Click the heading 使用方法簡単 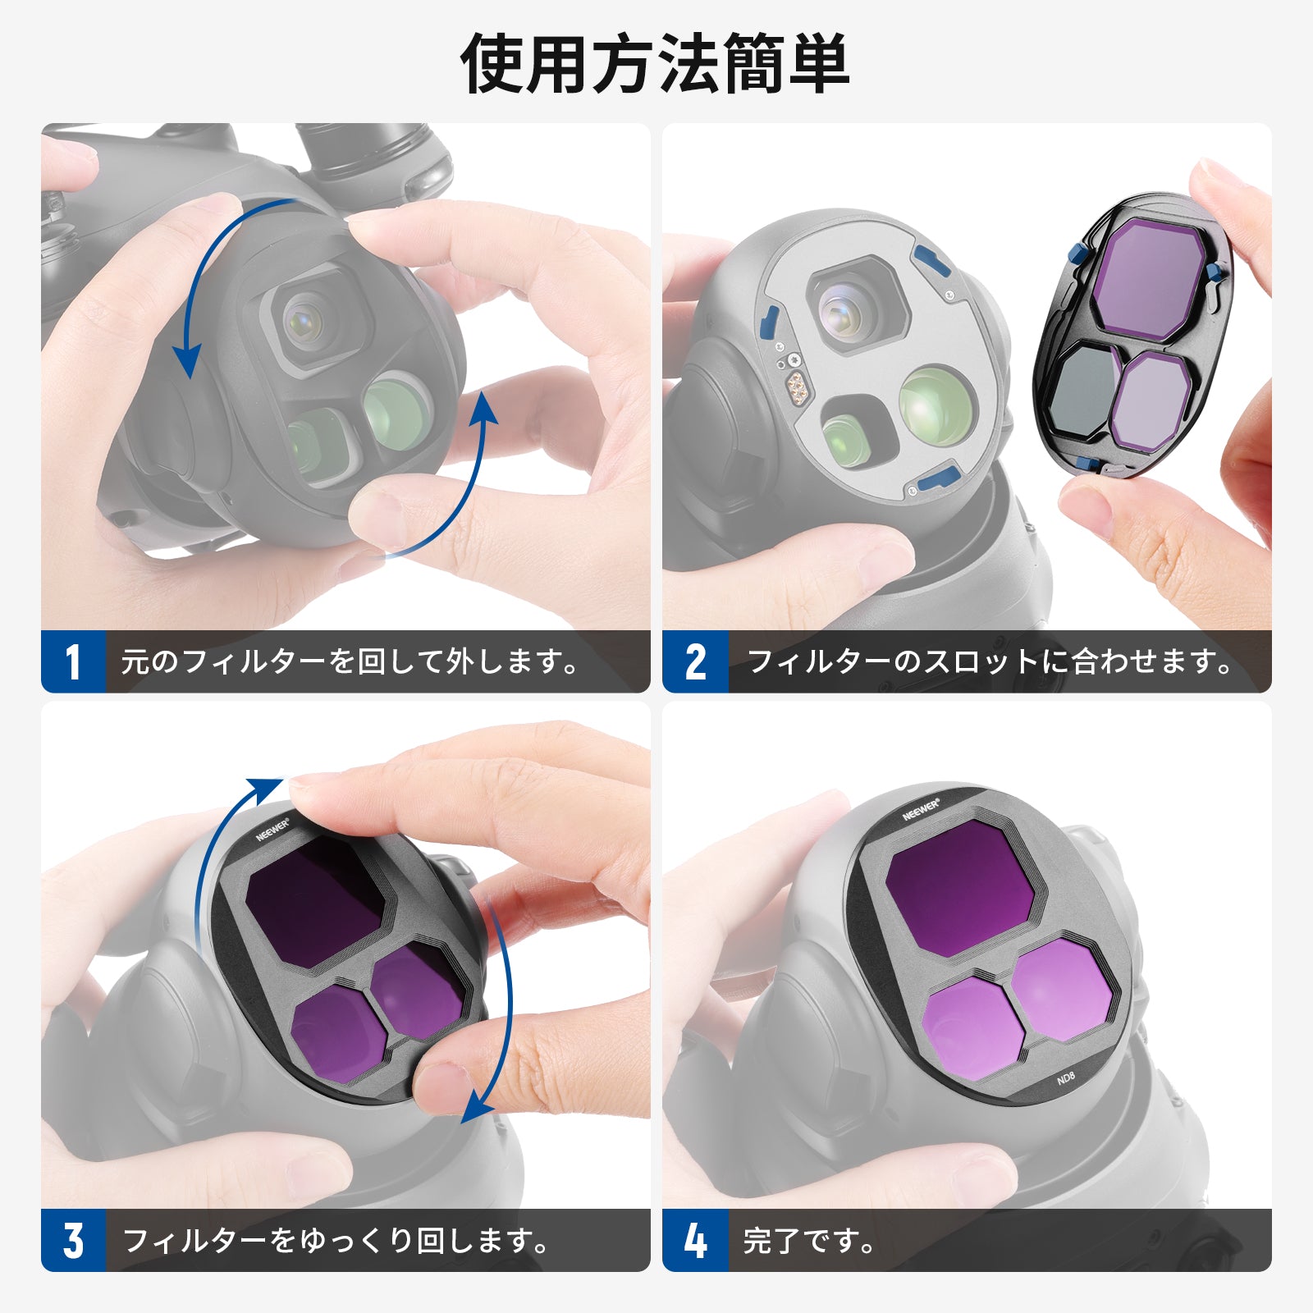[x=655, y=65]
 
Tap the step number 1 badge [x=73, y=661]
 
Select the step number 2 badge [x=695, y=661]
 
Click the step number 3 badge [x=73, y=1240]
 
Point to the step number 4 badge [x=695, y=1240]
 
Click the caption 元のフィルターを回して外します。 [x=350, y=661]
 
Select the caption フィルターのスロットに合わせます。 [x=990, y=661]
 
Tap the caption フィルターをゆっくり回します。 [x=336, y=1240]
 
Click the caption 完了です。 [x=808, y=1240]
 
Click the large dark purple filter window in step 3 [x=315, y=901]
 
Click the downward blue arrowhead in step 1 [x=188, y=360]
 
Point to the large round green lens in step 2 [x=937, y=404]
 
